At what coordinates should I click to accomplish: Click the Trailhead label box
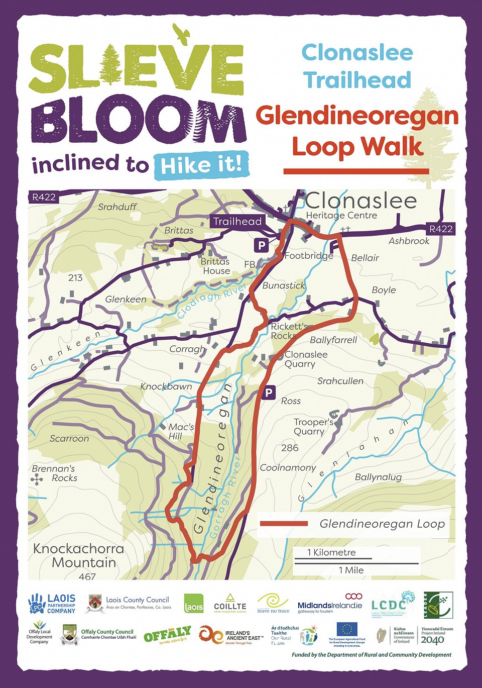[237, 221]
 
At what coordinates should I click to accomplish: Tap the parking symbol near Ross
[269, 392]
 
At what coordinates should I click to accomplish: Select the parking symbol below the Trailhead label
[261, 245]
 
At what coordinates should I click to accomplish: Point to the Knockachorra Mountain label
[78, 555]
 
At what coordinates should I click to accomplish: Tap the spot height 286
[290, 447]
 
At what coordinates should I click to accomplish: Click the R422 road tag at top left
[44, 197]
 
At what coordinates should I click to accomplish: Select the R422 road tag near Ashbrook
[440, 229]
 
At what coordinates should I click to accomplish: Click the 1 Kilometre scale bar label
[331, 552]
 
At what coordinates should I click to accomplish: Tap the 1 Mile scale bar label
[351, 570]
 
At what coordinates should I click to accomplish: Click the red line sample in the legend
[284, 524]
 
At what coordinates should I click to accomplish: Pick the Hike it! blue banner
[201, 165]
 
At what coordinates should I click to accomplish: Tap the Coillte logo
[230, 603]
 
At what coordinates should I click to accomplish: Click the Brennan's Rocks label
[54, 473]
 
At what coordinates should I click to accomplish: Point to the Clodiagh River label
[211, 300]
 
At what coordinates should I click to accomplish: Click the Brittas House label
[216, 266]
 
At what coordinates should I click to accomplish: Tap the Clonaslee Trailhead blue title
[357, 66]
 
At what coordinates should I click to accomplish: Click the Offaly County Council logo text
[108, 634]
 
